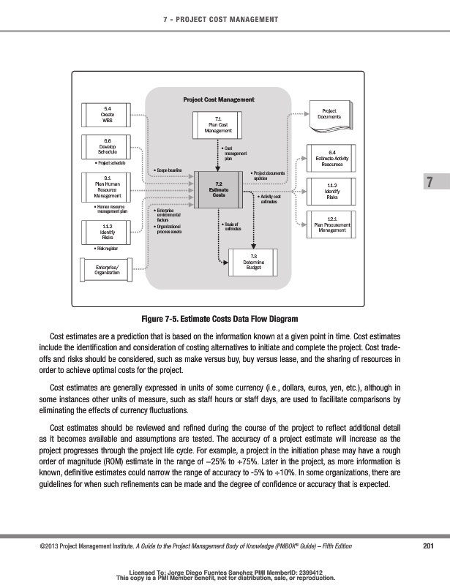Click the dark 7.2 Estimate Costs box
[x=218, y=189]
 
